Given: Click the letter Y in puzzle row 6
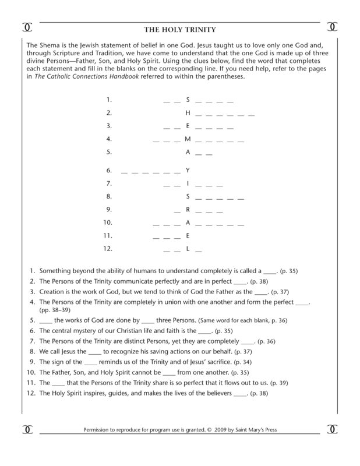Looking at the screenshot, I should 188,170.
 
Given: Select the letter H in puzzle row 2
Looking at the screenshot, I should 188,113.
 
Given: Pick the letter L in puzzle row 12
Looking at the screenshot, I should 188,249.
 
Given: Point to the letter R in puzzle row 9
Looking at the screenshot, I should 188,209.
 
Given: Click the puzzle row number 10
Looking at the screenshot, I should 107,223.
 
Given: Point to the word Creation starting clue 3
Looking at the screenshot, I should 53,291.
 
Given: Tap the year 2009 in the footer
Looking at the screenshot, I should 221,432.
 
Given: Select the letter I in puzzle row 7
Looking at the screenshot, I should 188,183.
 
